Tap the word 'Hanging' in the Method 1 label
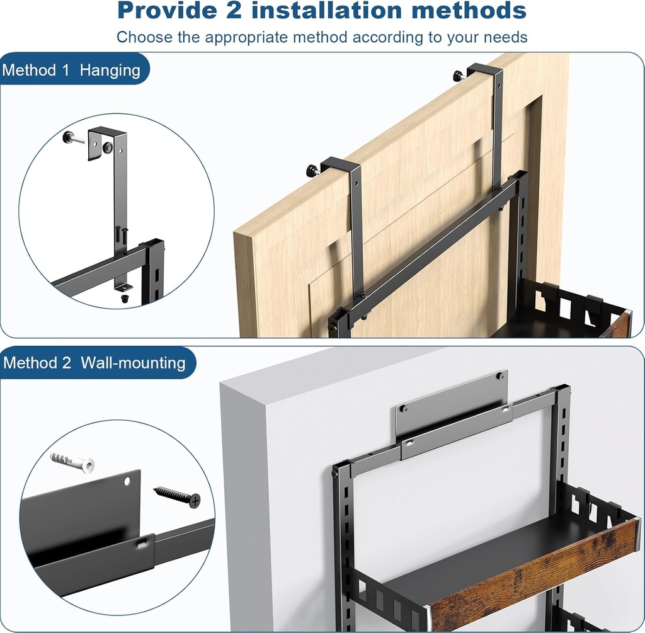tap(110, 70)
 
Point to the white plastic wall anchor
tap(72, 461)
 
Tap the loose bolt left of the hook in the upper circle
tap(74, 137)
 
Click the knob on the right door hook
tap(458, 76)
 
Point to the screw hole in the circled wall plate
tap(128, 481)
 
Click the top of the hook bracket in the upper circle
tap(108, 130)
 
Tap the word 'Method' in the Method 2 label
tap(28, 363)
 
